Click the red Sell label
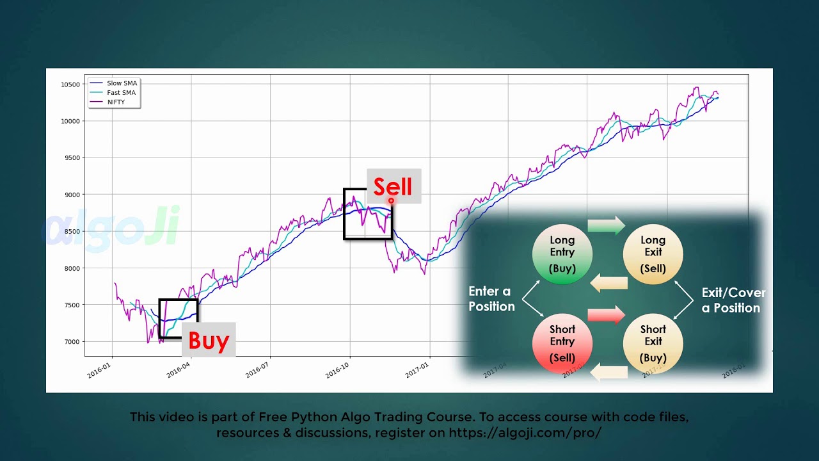click(x=393, y=187)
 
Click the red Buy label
click(x=209, y=341)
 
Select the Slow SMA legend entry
click(x=122, y=83)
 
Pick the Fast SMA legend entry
click(x=121, y=93)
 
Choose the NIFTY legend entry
click(x=116, y=102)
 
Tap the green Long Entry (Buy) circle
click(x=562, y=254)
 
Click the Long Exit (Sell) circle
click(x=653, y=254)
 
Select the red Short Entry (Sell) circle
click(x=562, y=344)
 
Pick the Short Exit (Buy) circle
click(x=653, y=344)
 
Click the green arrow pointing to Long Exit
click(x=606, y=225)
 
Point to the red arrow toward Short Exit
click(x=606, y=315)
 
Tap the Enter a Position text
click(x=491, y=299)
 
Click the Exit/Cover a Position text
click(x=733, y=300)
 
